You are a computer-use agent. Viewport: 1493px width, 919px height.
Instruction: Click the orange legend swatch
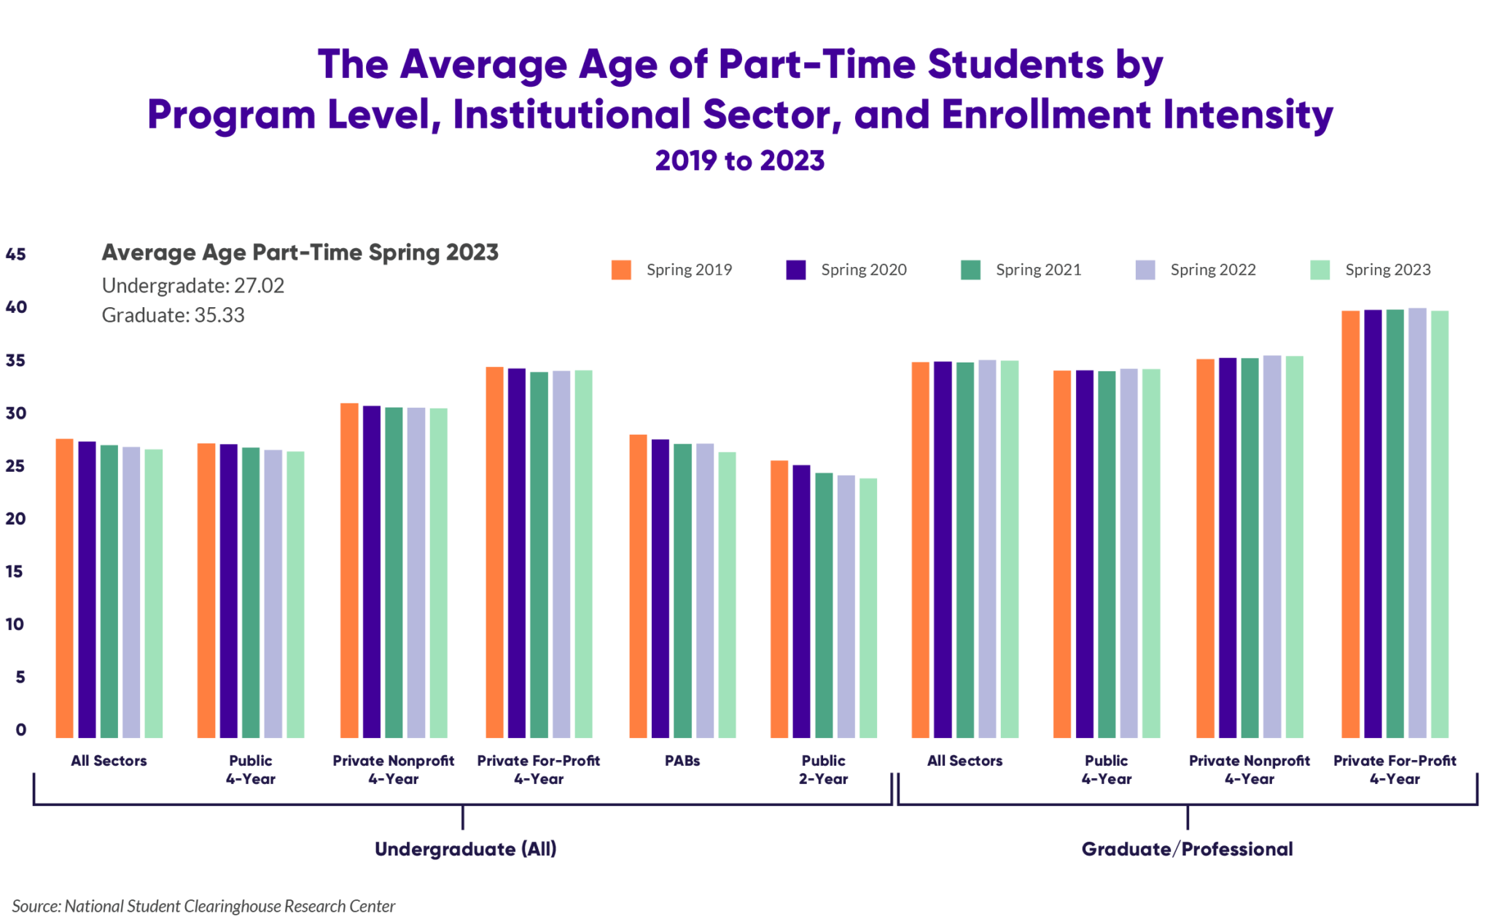[x=633, y=276]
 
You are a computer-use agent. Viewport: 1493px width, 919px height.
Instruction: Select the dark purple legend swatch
[x=808, y=276]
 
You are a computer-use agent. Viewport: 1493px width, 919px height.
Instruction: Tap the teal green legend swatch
[x=982, y=276]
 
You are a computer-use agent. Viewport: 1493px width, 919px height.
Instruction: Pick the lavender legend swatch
[x=1157, y=276]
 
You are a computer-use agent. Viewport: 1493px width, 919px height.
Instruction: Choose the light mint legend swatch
[x=1332, y=276]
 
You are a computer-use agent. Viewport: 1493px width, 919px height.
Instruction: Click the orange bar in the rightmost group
[x=1352, y=525]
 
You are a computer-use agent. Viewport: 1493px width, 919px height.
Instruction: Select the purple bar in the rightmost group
[x=1375, y=525]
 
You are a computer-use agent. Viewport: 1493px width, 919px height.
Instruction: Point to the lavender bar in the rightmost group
[x=1419, y=525]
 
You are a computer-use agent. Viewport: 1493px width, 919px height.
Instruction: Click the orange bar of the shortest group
[x=781, y=598]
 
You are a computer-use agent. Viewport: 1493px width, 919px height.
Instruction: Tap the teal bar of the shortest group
[x=825, y=605]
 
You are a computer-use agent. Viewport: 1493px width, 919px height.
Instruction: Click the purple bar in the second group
[x=230, y=591]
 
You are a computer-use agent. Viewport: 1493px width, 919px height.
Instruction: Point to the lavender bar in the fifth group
[x=706, y=591]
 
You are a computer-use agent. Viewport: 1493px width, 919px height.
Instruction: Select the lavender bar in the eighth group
[x=1130, y=554]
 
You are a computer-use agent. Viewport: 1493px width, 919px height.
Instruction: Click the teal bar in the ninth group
[x=1252, y=547]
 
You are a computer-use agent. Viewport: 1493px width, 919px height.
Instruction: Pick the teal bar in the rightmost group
[x=1397, y=525]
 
